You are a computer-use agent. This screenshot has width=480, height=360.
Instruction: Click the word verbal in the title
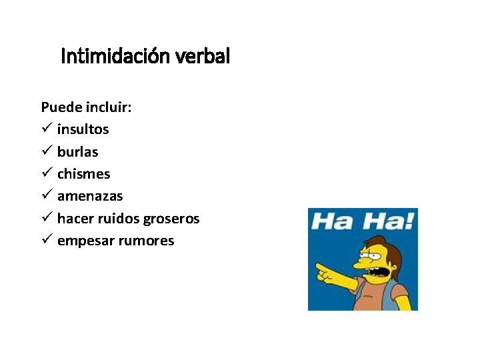tap(203, 57)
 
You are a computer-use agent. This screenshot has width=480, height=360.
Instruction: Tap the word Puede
tap(59, 107)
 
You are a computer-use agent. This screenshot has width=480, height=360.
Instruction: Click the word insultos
tap(83, 129)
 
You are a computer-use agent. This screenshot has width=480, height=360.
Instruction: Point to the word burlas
tap(77, 152)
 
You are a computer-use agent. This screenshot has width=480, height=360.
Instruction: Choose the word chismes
tap(83, 174)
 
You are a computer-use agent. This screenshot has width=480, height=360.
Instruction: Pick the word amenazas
tap(90, 197)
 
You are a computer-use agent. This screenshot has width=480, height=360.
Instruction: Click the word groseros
tap(170, 219)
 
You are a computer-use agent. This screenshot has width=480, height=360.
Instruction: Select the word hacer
tap(74, 219)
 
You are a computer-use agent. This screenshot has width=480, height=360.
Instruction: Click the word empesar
tap(82, 241)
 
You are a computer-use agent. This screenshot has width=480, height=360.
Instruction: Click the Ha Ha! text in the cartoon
tap(363, 221)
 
